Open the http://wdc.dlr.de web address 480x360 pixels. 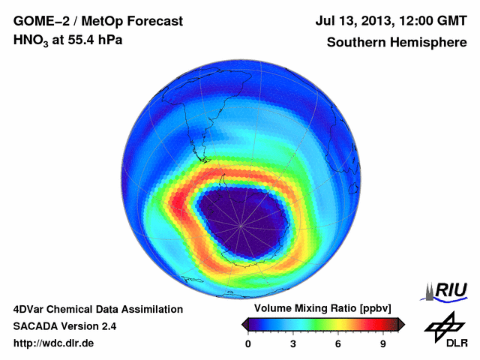(x=54, y=343)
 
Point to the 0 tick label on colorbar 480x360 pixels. (x=248, y=343)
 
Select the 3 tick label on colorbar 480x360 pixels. (x=292, y=343)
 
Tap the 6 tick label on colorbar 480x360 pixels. (x=337, y=343)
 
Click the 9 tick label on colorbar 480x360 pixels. (x=382, y=343)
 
